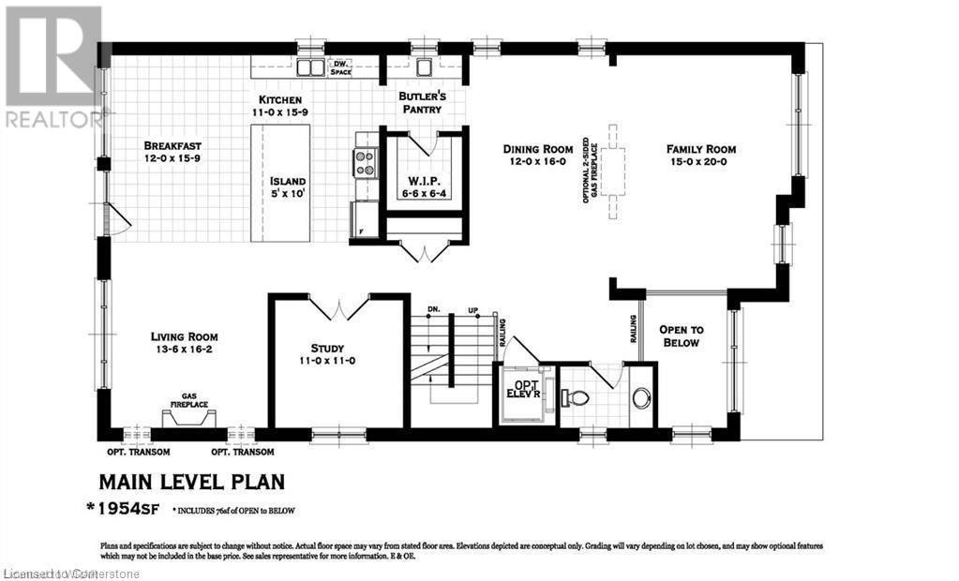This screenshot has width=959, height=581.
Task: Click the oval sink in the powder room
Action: (x=641, y=398)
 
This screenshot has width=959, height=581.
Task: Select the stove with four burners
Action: (x=365, y=163)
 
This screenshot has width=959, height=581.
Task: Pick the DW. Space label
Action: (x=341, y=67)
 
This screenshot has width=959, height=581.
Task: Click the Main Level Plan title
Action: (x=191, y=482)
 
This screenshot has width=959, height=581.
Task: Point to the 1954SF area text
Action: (x=132, y=509)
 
